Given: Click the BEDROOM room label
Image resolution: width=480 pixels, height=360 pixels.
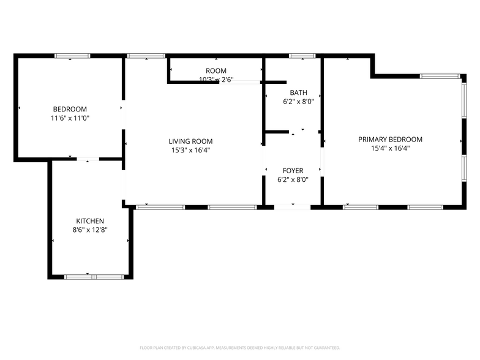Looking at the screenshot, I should pos(69,109).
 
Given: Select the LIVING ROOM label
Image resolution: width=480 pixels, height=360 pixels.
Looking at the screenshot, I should pos(190,141).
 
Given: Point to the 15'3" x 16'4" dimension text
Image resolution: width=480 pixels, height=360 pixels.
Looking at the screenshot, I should pos(190,149).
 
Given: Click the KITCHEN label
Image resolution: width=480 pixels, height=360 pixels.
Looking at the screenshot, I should pos(89,221).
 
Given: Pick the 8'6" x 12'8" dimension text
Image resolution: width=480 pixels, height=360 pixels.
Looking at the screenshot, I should pos(89,230).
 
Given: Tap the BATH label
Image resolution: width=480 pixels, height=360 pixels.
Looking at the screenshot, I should pos(298,92).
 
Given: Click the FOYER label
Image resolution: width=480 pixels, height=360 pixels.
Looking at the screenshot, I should pos(292,170).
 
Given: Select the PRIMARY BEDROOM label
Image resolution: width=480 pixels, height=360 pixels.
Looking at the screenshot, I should pos(390,139).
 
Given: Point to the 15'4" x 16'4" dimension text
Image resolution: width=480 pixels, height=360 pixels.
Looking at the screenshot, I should pos(390,148).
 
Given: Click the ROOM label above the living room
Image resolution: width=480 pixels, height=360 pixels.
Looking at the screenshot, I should pos(216,71).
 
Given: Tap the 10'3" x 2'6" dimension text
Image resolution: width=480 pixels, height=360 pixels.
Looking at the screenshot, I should pos(216,80).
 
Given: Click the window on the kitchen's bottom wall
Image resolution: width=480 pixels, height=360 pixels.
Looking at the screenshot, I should pos(94,277).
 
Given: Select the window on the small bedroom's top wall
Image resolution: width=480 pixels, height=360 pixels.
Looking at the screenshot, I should pos(72,56).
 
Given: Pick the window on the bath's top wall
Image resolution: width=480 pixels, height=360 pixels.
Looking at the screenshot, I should pos(302,56).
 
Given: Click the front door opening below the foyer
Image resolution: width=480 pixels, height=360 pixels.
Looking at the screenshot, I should pos(292,207).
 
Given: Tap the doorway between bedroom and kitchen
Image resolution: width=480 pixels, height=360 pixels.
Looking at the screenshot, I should pos(88,159).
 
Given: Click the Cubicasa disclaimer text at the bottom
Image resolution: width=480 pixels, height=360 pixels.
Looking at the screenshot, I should pos(239,347).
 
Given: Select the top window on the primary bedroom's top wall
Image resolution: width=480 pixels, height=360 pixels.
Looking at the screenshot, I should pos(440,76).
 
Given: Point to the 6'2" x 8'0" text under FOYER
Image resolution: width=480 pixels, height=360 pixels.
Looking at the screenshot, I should pos(292,179).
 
